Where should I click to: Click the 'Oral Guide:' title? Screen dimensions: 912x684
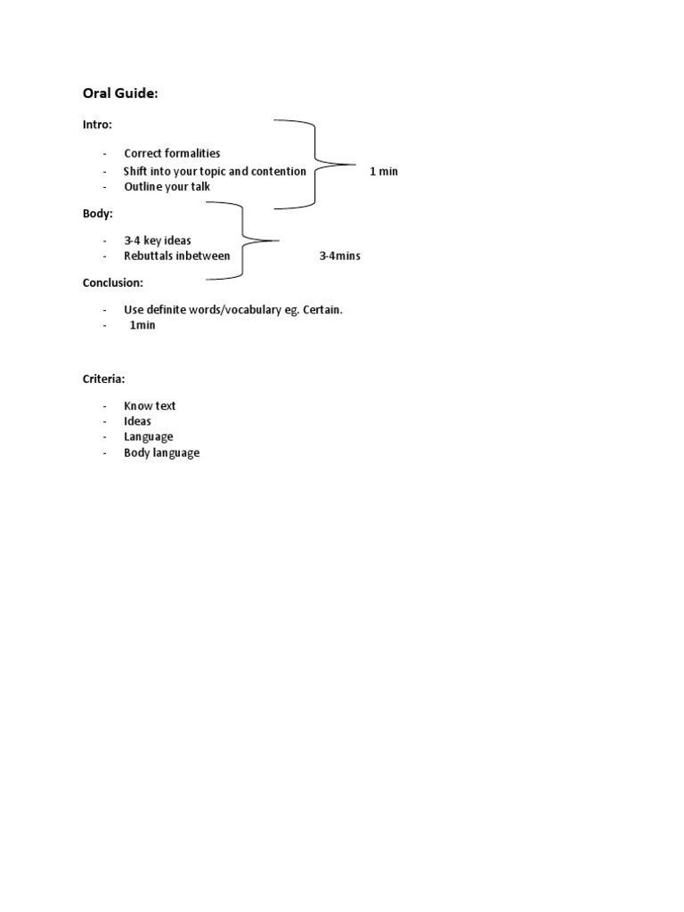[x=120, y=94]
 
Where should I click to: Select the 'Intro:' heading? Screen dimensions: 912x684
[x=98, y=125]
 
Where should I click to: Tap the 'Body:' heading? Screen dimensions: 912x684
[x=98, y=214]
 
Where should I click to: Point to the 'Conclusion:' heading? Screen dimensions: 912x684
[x=112, y=282]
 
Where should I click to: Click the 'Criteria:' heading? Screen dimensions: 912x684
[x=104, y=379]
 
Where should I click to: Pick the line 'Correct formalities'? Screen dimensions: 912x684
[x=172, y=153]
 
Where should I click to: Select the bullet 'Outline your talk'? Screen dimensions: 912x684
[x=167, y=187]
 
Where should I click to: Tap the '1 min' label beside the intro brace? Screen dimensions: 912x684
[x=384, y=171]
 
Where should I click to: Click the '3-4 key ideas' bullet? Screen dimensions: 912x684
[x=158, y=240]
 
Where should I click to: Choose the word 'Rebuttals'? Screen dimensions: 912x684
[x=148, y=256]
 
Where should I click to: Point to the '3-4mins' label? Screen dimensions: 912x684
[x=339, y=256]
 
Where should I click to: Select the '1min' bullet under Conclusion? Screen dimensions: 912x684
[x=142, y=325]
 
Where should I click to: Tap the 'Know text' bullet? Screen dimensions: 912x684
[x=150, y=405]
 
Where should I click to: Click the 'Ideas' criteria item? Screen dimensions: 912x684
[x=137, y=421]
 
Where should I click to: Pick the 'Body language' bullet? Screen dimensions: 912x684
[x=162, y=452]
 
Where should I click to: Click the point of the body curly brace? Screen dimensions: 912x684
[x=278, y=240]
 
